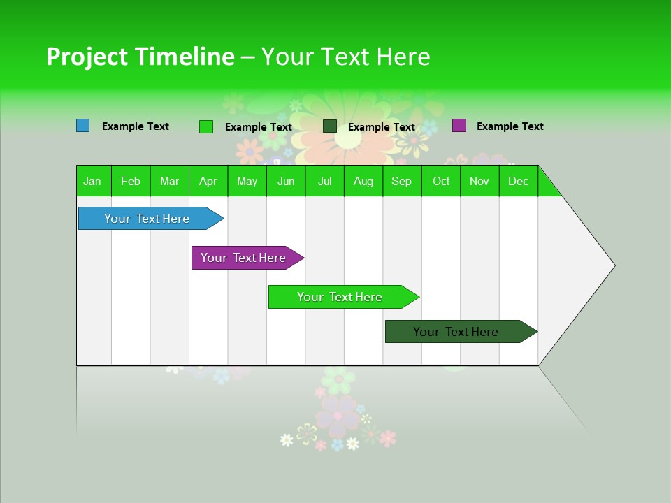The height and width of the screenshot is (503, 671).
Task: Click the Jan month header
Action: coord(93,181)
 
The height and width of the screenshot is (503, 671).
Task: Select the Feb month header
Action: coord(131,181)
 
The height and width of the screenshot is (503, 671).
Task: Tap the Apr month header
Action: coord(208,181)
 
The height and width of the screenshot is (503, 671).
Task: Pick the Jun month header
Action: coord(286,181)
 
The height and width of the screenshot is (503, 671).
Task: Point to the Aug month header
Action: coord(363,181)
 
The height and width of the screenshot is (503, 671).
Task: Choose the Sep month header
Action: coord(402,181)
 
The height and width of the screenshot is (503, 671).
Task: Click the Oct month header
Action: coord(441,181)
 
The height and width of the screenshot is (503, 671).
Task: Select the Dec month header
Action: coord(519,181)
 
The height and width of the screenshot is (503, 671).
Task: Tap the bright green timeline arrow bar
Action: coord(340,297)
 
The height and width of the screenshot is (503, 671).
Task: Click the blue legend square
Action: coord(83,126)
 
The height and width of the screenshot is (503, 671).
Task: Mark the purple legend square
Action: coord(459,126)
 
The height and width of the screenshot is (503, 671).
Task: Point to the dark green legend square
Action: coord(330,126)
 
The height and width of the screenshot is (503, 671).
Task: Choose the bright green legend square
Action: coord(206,126)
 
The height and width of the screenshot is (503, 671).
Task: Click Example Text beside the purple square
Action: coord(510,126)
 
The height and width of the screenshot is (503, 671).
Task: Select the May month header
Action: coord(247,181)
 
